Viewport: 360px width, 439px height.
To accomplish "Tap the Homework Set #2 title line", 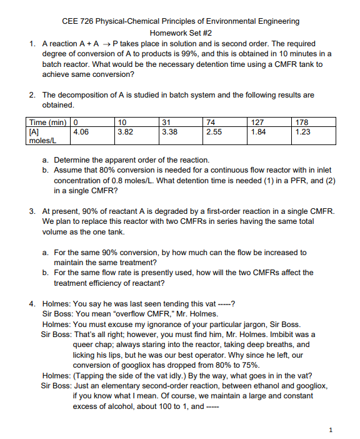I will tap(181, 33).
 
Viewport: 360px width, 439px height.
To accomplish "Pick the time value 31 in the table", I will tap(166, 123).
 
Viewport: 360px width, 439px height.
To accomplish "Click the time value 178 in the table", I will tap(301, 123).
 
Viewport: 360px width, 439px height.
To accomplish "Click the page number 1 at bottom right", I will tap(331, 429).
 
